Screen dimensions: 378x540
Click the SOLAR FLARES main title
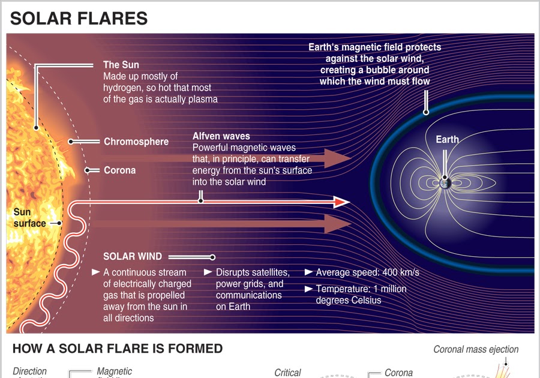[x=79, y=18]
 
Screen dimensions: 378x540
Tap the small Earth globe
[x=445, y=181]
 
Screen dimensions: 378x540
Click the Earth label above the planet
[x=447, y=139]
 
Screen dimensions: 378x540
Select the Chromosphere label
[x=136, y=142]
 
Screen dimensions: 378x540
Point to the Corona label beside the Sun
[x=119, y=170]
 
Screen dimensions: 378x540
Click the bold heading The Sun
[x=121, y=65]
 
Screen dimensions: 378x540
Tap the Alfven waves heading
[x=221, y=136]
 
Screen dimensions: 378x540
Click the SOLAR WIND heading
[x=132, y=256]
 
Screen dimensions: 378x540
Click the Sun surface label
[x=29, y=218]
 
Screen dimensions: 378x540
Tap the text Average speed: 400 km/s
[x=367, y=272]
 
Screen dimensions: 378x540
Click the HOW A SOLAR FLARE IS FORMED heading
[x=118, y=349]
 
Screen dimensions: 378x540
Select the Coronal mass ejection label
[x=476, y=349]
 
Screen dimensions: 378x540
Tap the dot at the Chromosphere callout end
[x=71, y=142]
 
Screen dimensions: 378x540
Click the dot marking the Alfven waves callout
[x=201, y=201]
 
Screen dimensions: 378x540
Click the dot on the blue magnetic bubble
[x=426, y=112]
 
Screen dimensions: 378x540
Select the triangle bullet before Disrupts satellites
[x=208, y=272]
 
